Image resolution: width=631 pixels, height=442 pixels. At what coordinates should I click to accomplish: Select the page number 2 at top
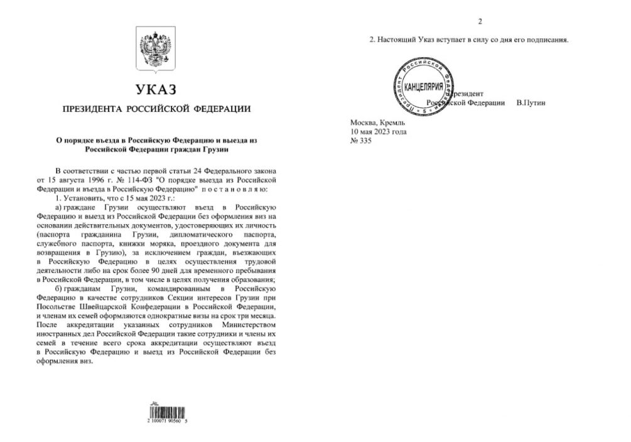(x=480, y=22)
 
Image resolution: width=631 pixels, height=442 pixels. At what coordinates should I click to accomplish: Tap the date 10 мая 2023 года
(x=379, y=132)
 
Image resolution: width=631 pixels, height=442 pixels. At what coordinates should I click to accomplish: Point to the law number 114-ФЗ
(x=114, y=180)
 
